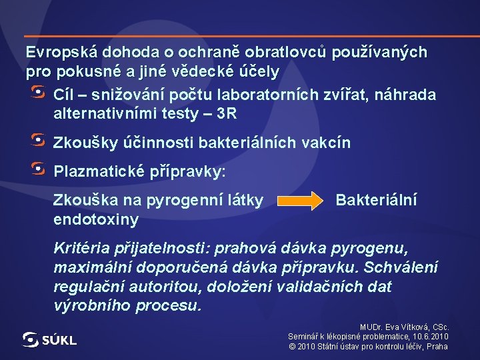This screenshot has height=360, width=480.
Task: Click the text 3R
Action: [227, 114]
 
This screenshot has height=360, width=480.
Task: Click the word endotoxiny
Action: [96, 219]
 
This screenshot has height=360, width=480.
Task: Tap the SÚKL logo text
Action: [59, 340]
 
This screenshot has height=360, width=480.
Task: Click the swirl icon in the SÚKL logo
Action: [31, 339]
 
